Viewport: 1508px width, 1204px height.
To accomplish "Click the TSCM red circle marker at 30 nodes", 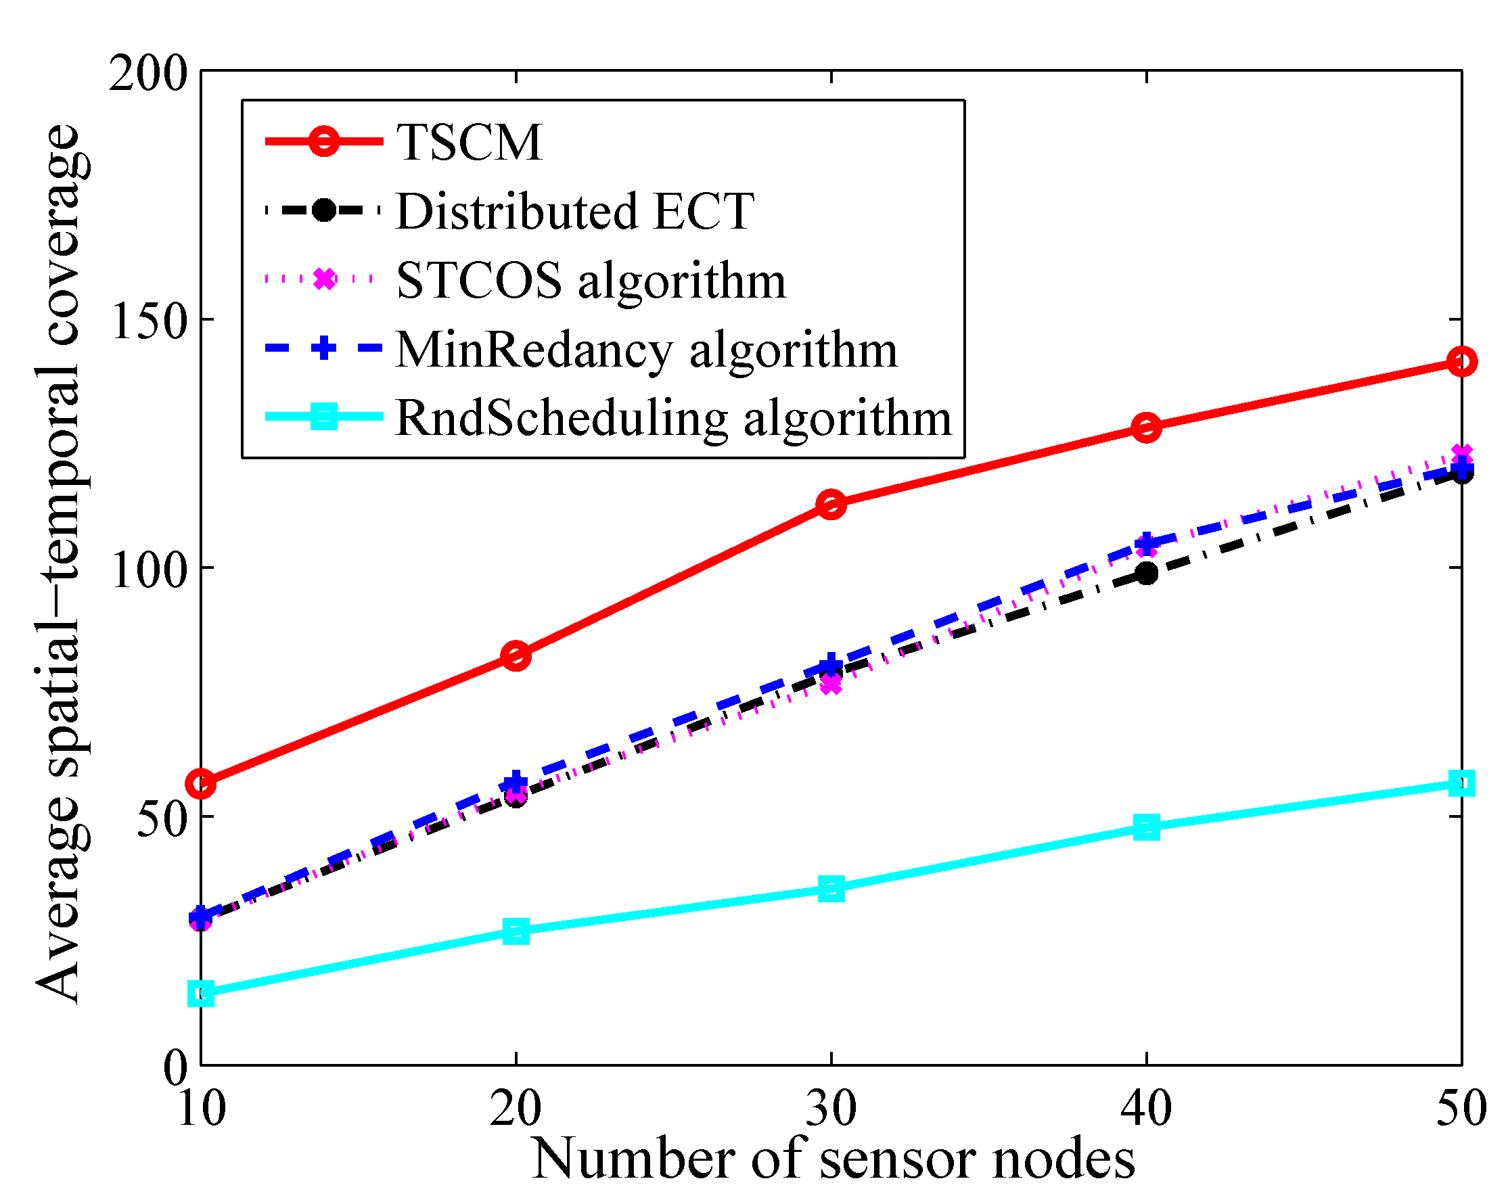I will click(831, 503).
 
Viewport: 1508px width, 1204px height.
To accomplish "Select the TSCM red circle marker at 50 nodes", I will click(1461, 361).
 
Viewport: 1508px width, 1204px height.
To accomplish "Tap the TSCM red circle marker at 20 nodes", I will click(516, 656).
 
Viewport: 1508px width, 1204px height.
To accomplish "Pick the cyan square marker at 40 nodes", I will click(1146, 827).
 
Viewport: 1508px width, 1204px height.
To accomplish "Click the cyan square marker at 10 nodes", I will click(202, 993).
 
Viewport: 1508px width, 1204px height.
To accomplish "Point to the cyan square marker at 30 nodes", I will click(831, 889).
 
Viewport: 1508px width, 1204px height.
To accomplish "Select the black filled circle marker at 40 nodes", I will click(1146, 574).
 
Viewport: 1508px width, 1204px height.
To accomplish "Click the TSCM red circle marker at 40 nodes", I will click(1146, 427).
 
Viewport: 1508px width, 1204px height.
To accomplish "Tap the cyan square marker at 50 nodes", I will click(1461, 783).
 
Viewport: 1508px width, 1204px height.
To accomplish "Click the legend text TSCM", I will click(470, 143).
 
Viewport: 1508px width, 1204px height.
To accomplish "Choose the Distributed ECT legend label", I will click(575, 211).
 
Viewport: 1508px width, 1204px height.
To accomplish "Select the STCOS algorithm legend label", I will click(591, 281).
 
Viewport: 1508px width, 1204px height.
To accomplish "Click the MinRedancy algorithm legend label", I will click(646, 349).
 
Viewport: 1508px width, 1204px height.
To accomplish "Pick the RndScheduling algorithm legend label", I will click(673, 418).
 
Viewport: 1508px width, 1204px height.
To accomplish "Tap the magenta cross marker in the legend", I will click(324, 279).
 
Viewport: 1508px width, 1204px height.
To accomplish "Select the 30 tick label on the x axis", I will click(831, 1107).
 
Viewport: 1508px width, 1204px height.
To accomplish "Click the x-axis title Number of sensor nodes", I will click(832, 1159).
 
